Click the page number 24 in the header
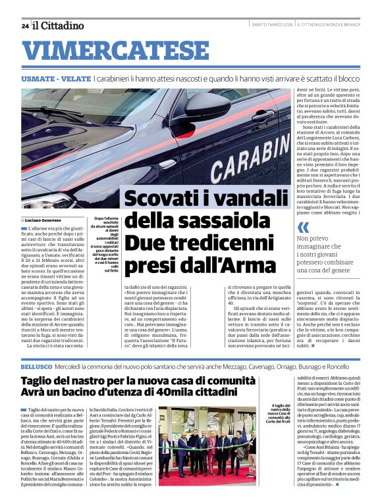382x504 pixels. pyautogui.click(x=24, y=26)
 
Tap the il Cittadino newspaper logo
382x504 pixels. pyautogui.click(x=59, y=26)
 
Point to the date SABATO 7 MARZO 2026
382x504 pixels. pyautogui.click(x=271, y=26)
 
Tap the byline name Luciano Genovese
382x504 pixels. pyautogui.click(x=44, y=220)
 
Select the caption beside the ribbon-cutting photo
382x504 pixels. pyautogui.click(x=279, y=417)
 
